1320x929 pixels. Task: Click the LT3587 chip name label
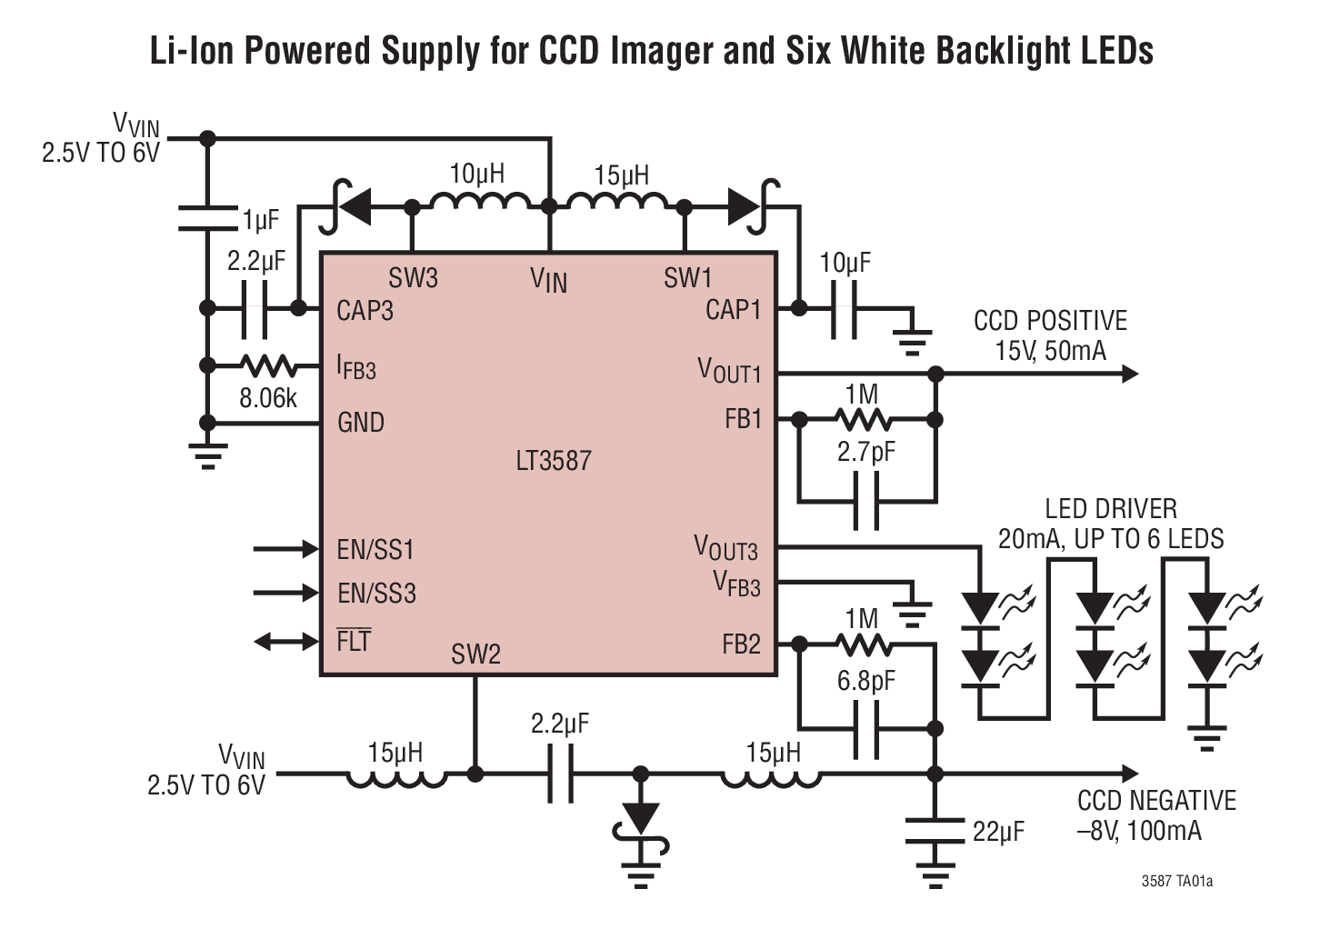coord(553,461)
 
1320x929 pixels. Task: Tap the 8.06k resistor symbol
coord(268,366)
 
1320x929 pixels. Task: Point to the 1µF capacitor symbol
coord(207,217)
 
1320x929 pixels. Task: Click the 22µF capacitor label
coord(997,832)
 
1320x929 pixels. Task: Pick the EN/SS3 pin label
coord(376,594)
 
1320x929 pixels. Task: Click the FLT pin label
coord(354,641)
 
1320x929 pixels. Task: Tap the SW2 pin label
coord(475,654)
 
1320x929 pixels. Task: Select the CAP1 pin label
coord(733,310)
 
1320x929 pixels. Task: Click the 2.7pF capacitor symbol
coord(865,501)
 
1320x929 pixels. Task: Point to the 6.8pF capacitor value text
coord(865,681)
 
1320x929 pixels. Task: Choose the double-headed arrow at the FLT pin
coord(286,642)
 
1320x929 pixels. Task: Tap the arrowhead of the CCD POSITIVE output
coord(1130,374)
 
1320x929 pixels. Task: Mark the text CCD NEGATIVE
coord(1156,801)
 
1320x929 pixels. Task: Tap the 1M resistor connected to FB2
coord(862,644)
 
